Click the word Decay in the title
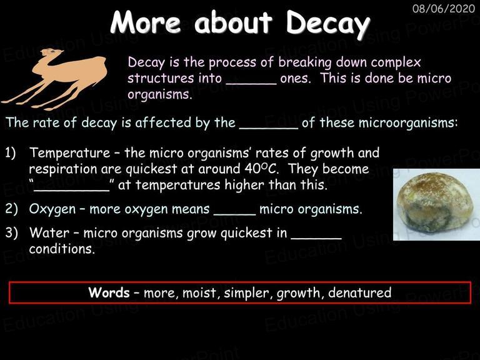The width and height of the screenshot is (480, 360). pyautogui.click(x=328, y=24)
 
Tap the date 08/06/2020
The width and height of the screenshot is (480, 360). pyautogui.click(x=444, y=9)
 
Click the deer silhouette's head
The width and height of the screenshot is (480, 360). pyautogui.click(x=51, y=52)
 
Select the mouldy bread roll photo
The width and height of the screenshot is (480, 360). pyautogui.click(x=436, y=204)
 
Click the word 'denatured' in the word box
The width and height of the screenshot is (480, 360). pyautogui.click(x=359, y=292)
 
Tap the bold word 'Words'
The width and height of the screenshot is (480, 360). pyautogui.click(x=109, y=292)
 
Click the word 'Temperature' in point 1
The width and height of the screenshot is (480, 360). pyautogui.click(x=69, y=152)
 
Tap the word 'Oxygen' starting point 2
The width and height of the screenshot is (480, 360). pyautogui.click(x=52, y=209)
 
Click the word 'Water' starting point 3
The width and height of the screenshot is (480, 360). pyautogui.click(x=49, y=232)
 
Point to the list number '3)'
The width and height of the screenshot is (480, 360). pyautogui.click(x=11, y=233)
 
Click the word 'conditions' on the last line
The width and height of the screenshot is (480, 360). pyautogui.click(x=62, y=249)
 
